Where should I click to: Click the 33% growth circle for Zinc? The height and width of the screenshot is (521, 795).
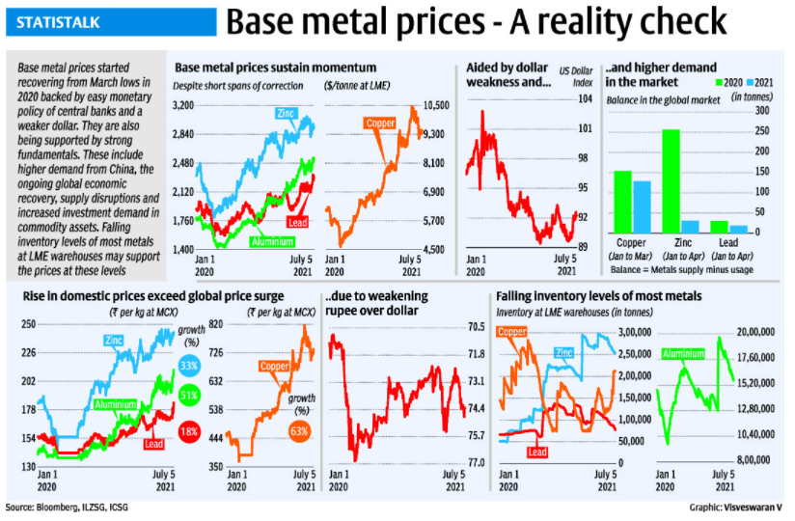188,367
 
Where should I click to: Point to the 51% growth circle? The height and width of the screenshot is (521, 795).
188,394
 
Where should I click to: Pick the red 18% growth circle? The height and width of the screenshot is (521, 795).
188,431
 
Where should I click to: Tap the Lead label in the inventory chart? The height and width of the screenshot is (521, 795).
537,452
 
